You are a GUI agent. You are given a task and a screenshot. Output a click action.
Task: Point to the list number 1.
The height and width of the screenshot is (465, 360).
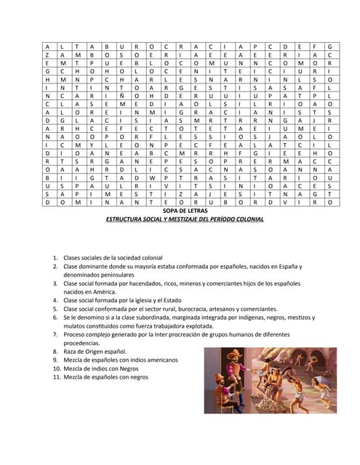click(55, 258)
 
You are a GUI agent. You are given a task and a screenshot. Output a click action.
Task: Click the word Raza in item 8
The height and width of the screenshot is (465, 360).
click(71, 352)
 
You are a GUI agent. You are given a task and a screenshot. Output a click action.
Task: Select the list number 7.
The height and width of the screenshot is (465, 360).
click(55, 334)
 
